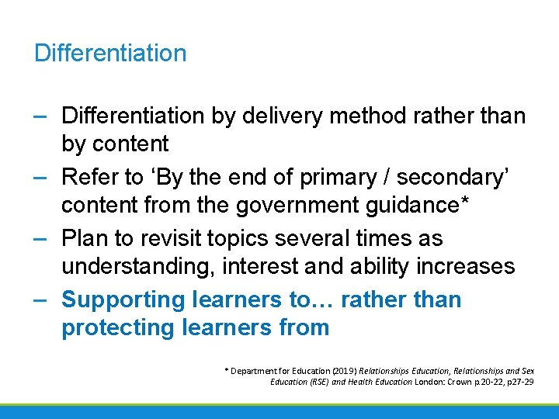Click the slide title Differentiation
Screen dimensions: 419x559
[x=110, y=53]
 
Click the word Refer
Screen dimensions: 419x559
[x=90, y=178]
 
